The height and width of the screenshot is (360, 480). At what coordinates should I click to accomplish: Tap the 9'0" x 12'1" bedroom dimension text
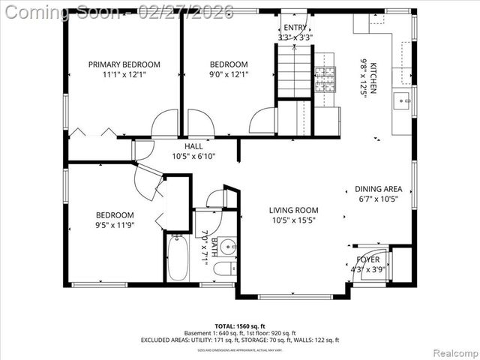[x=228, y=74]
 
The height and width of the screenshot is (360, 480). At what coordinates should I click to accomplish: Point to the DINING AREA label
[x=378, y=189]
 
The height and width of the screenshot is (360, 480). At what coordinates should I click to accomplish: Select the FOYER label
[x=367, y=259]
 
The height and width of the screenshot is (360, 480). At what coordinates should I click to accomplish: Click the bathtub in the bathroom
[x=178, y=258]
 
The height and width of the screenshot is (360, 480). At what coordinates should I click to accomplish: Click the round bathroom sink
[x=229, y=247]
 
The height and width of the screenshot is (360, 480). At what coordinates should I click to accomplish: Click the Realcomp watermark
[x=454, y=352]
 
